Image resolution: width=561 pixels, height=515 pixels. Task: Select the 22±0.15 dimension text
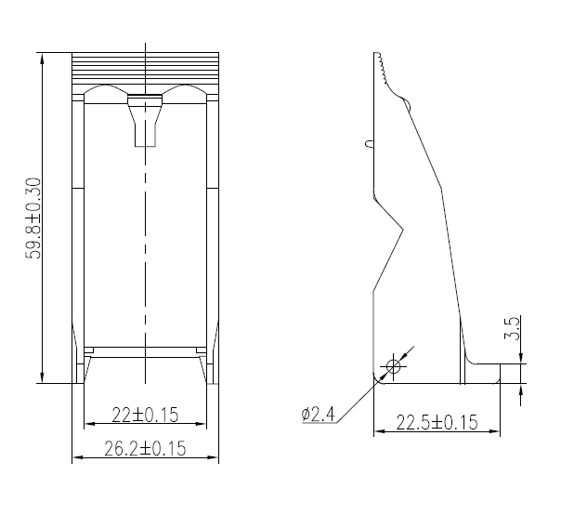click(x=145, y=414)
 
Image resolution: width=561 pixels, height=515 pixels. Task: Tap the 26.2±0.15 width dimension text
click(x=145, y=448)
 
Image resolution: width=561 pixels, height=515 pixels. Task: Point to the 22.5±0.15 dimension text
click(x=437, y=423)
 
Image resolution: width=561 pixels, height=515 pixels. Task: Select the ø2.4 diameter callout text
click(x=318, y=414)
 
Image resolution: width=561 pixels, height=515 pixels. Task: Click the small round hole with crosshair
click(x=393, y=366)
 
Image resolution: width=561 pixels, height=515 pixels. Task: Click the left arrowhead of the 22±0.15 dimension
click(x=87, y=424)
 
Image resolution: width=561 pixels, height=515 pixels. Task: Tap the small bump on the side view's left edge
click(x=370, y=144)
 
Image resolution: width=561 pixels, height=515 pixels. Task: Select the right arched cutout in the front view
click(x=185, y=93)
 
